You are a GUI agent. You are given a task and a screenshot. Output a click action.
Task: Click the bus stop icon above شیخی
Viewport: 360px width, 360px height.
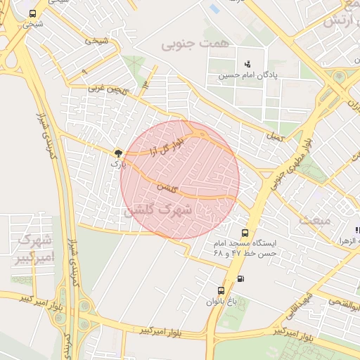32,13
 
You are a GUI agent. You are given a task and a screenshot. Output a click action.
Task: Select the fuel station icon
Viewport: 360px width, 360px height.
241,278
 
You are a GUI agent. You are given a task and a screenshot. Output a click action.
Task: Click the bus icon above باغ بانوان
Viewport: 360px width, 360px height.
221,290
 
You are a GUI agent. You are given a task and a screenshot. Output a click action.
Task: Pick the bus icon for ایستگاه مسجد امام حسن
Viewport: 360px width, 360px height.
245,233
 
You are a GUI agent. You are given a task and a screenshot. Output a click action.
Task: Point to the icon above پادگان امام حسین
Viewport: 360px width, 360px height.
247,64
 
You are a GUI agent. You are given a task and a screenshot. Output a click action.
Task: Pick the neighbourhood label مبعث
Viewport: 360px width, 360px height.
314,219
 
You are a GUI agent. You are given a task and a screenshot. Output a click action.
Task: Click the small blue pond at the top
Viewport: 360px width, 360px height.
214,8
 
